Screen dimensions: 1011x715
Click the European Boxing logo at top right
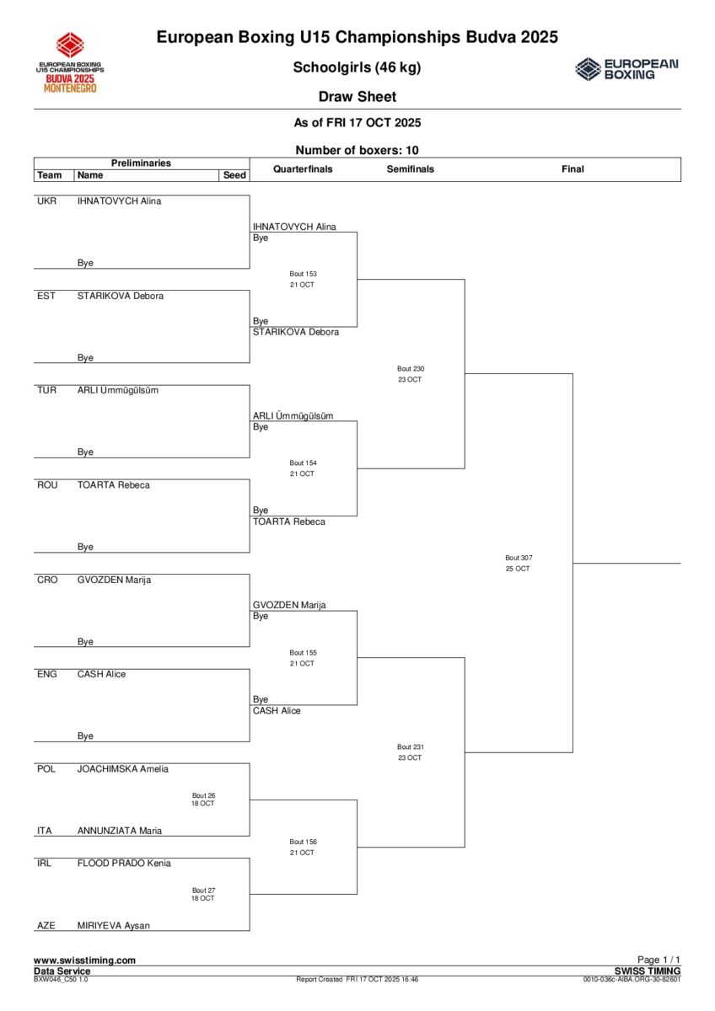[626, 68]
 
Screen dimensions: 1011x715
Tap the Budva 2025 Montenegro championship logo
[70, 62]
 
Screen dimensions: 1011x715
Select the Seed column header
[234, 175]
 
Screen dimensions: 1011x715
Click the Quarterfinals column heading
[303, 169]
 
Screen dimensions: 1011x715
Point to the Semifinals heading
[411, 169]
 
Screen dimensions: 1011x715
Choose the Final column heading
[573, 169]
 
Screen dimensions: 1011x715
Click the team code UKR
[47, 201]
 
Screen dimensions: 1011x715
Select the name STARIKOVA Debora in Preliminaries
[120, 296]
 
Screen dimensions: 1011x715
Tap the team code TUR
[47, 390]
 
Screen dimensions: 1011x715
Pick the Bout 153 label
[303, 274]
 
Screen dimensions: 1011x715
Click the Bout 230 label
[411, 369]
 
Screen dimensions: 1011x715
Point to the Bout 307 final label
[519, 558]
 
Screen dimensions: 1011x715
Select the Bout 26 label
[203, 795]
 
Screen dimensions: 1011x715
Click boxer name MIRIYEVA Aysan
[113, 925]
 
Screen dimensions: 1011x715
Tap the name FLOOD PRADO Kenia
[124, 863]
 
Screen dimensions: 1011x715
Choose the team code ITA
[45, 831]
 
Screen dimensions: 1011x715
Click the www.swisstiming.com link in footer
[84, 960]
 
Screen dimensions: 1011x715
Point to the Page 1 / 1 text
[659, 960]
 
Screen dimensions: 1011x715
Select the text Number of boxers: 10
[357, 151]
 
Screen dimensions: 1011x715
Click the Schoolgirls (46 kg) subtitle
[357, 67]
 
